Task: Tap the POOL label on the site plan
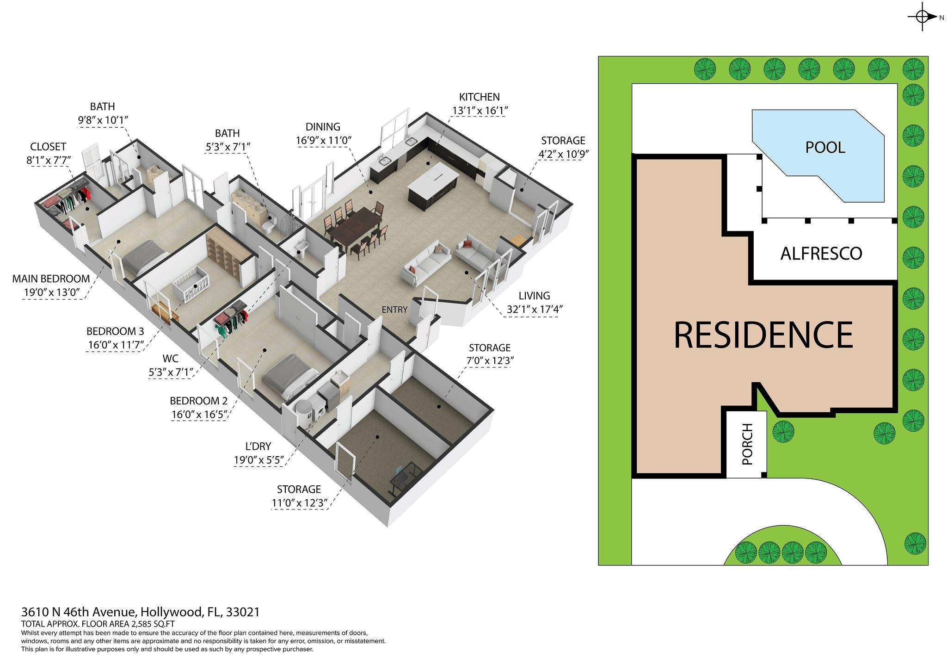(x=825, y=147)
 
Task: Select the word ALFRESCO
(x=821, y=254)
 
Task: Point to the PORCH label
(x=747, y=444)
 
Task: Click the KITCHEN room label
(x=480, y=97)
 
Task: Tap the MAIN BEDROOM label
(x=51, y=279)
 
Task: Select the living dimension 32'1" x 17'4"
(x=534, y=309)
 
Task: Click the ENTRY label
(x=394, y=310)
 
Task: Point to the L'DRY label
(x=258, y=446)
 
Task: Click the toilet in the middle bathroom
(x=268, y=224)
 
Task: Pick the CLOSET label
(x=48, y=147)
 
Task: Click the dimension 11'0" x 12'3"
(x=299, y=503)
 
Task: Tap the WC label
(x=170, y=359)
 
